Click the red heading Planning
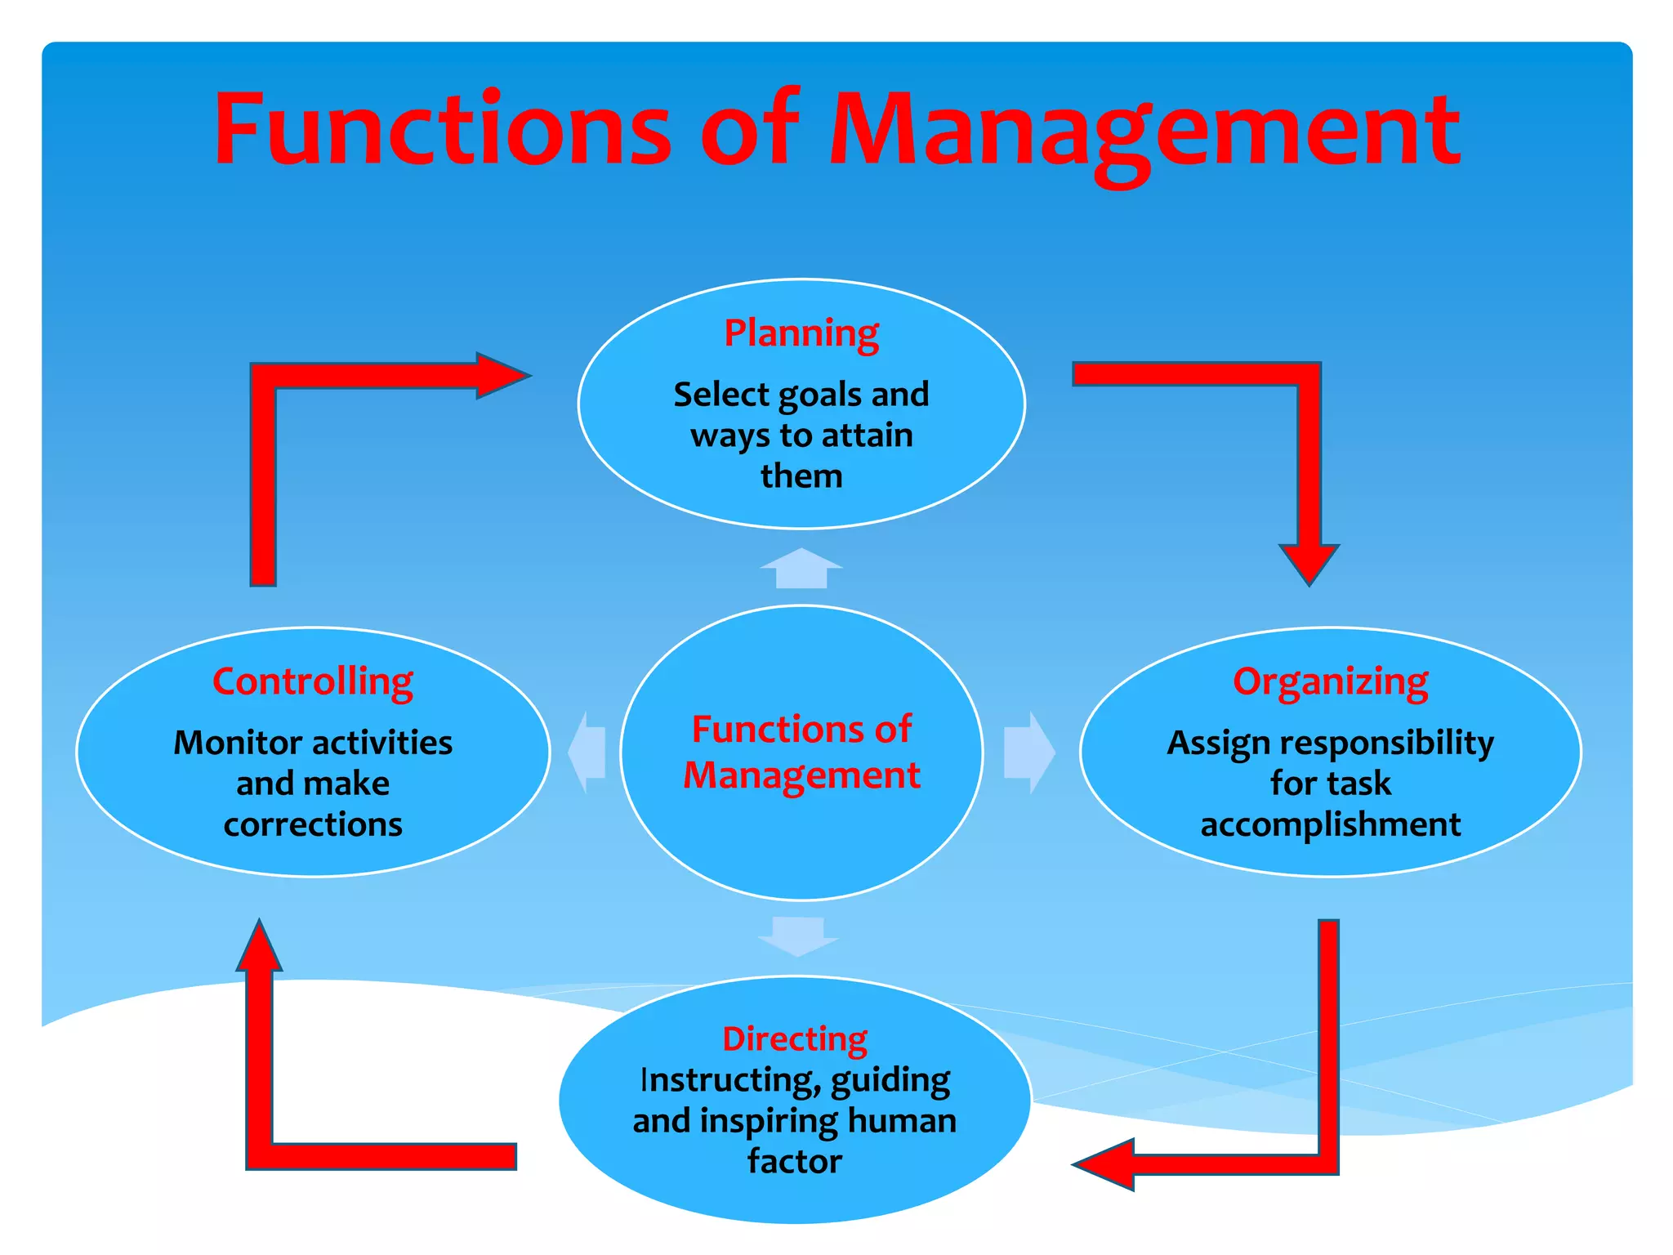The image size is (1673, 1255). [801, 333]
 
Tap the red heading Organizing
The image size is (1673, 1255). [1330, 681]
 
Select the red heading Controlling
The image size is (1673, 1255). [313, 681]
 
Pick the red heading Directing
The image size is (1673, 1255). [794, 1038]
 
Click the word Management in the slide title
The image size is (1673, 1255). [1144, 131]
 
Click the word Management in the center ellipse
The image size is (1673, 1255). [801, 775]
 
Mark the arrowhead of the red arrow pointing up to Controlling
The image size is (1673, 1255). [260, 948]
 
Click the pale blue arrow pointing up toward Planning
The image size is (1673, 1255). [801, 568]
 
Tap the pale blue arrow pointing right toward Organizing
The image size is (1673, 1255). [1028, 753]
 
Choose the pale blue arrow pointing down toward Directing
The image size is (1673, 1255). [798, 936]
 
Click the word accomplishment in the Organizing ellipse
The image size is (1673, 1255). [1330, 825]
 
